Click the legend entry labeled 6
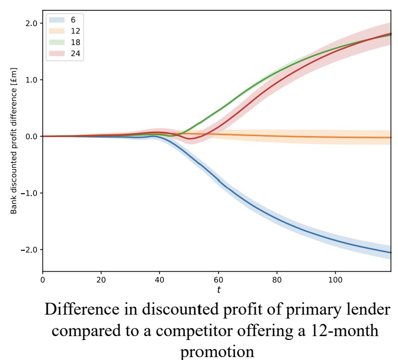64,20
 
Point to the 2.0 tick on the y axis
31,23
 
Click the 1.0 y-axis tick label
31,80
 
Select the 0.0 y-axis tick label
31,137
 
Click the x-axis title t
218,290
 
